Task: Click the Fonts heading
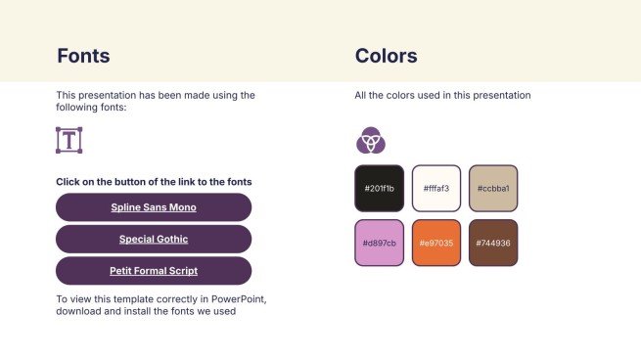(x=83, y=56)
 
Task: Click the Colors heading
(x=386, y=56)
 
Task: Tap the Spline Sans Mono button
(x=154, y=207)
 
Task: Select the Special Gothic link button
(x=154, y=239)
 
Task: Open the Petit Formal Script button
(x=154, y=271)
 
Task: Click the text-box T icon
(x=69, y=140)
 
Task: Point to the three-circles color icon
(x=370, y=142)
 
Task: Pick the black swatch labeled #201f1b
(x=379, y=188)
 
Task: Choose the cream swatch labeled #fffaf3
(x=435, y=188)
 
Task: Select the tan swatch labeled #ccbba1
(x=493, y=188)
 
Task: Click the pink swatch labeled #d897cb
(x=379, y=243)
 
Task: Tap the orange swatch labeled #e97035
(x=435, y=243)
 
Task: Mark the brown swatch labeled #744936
(x=493, y=243)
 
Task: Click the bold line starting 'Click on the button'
(x=154, y=182)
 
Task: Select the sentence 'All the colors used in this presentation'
(x=442, y=95)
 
